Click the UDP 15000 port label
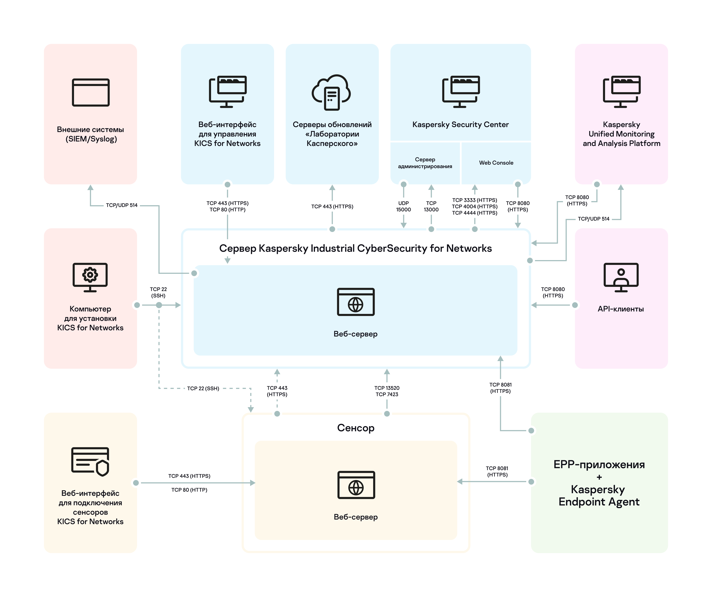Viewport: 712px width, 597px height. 403,206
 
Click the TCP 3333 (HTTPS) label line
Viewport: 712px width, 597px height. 474,200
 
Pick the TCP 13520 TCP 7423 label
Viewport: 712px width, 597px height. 387,391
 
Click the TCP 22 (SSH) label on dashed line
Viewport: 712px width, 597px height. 203,388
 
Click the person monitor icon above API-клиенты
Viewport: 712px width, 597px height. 621,277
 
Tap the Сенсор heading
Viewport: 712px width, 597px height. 356,428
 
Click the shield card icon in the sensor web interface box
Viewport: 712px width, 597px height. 90,462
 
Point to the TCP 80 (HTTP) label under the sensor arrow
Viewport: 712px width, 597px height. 189,490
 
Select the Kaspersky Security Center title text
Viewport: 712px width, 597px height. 460,125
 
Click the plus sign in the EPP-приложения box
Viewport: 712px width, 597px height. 599,477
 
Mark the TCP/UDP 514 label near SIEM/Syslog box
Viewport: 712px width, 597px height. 121,205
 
